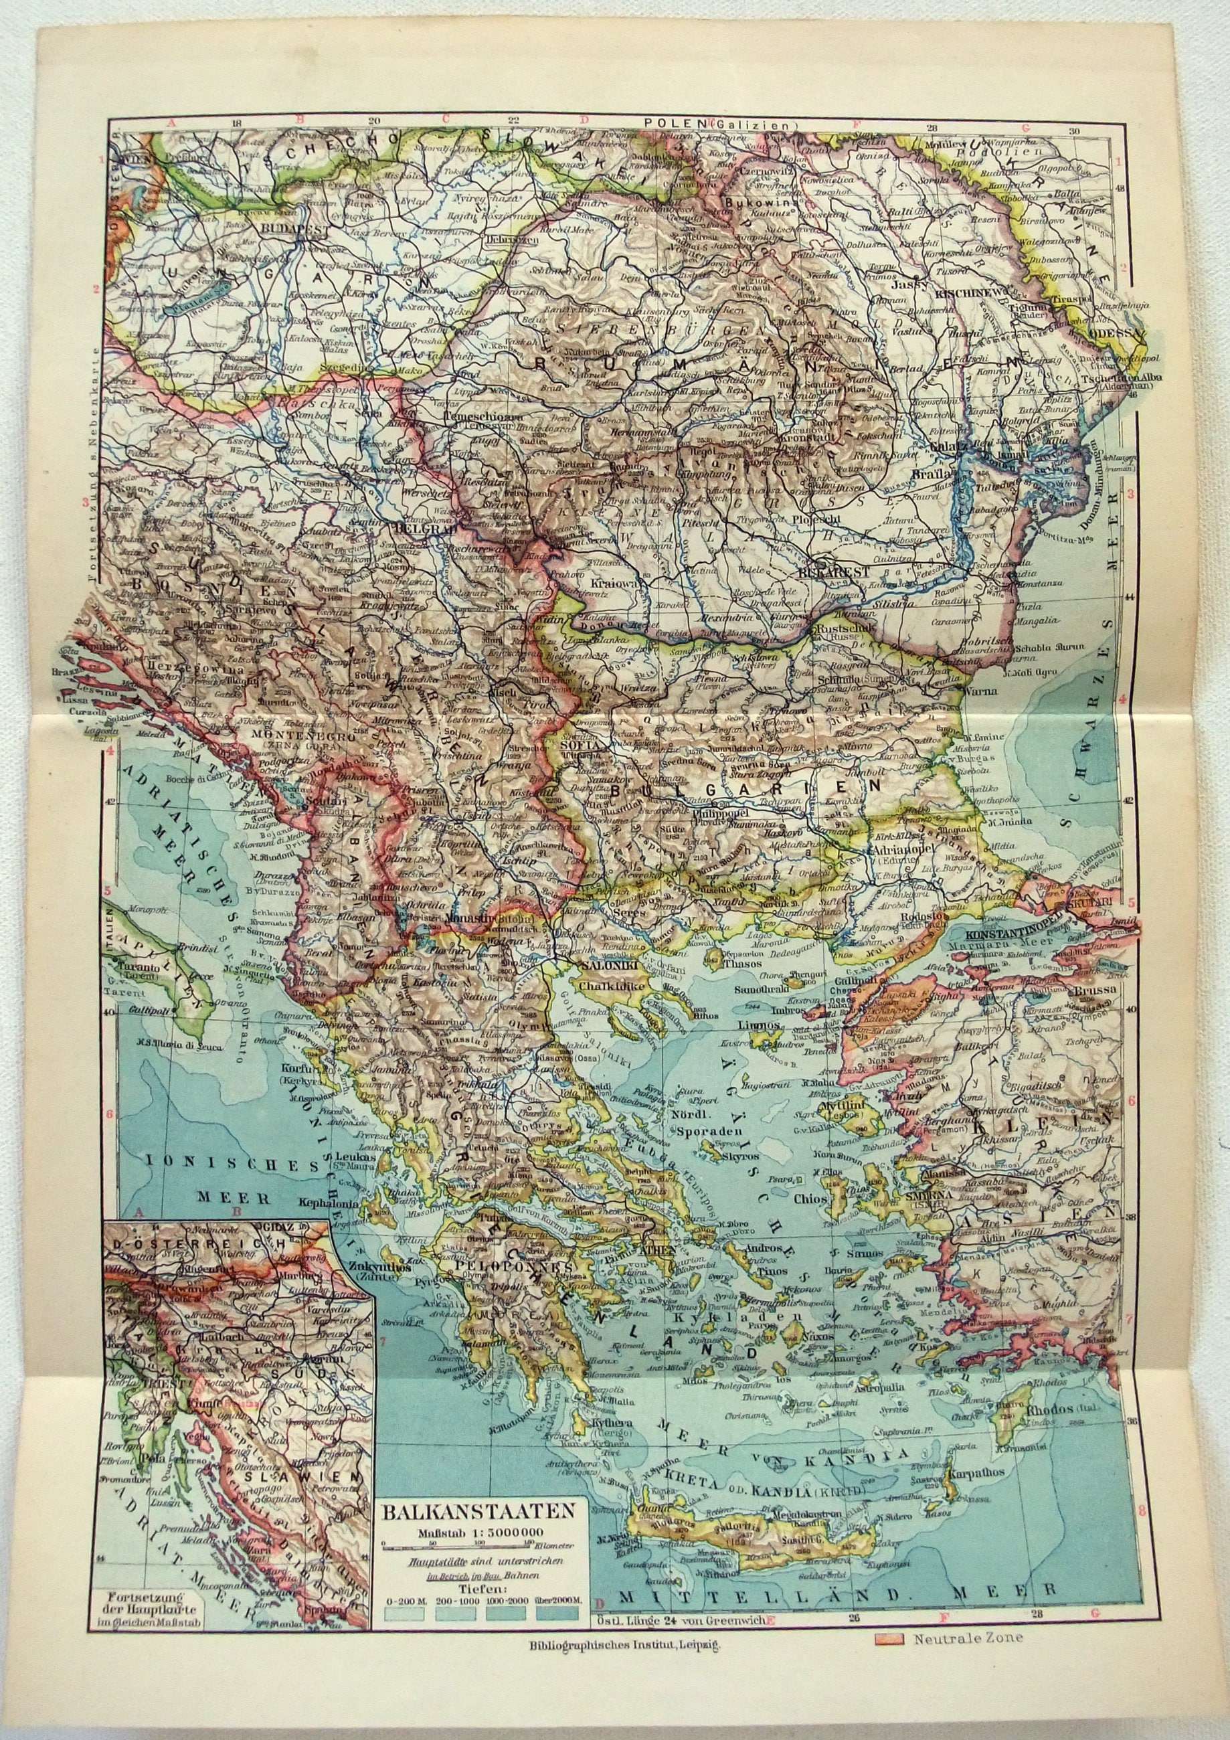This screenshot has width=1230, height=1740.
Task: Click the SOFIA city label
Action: (574, 746)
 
